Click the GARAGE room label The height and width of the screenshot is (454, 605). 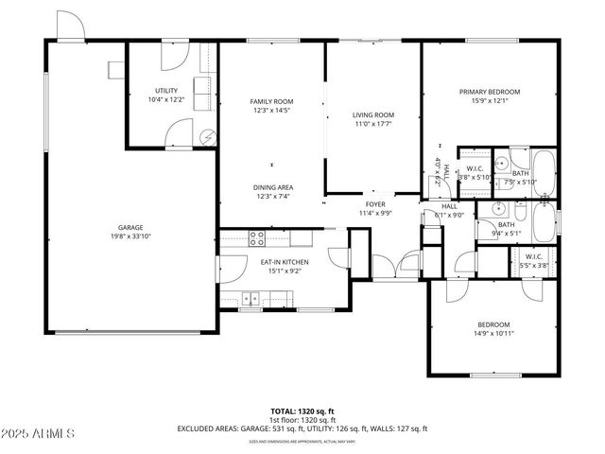click(x=130, y=227)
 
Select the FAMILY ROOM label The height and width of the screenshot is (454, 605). click(x=271, y=101)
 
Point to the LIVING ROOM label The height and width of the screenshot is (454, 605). click(x=373, y=115)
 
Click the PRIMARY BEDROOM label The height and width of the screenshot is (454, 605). click(x=490, y=92)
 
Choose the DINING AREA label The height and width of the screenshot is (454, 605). click(x=271, y=187)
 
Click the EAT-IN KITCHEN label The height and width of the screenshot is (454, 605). click(x=285, y=262)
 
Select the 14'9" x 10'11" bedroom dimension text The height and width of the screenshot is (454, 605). click(x=493, y=333)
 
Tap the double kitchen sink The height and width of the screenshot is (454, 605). click(x=251, y=298)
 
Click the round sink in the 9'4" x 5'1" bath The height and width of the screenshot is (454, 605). click(x=507, y=209)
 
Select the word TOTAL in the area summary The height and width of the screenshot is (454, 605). click(x=283, y=411)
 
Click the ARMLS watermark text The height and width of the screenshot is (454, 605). click(x=45, y=433)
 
